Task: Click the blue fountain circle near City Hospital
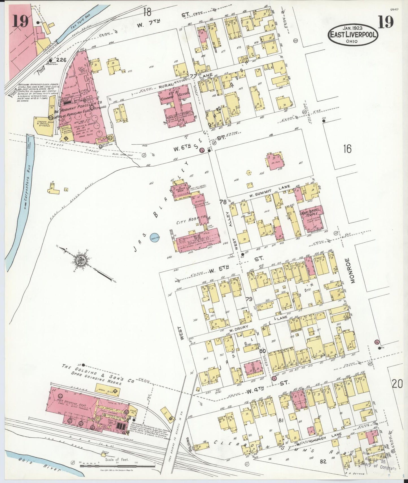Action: click(155, 238)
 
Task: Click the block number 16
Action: click(347, 148)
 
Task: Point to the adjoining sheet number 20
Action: click(397, 384)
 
